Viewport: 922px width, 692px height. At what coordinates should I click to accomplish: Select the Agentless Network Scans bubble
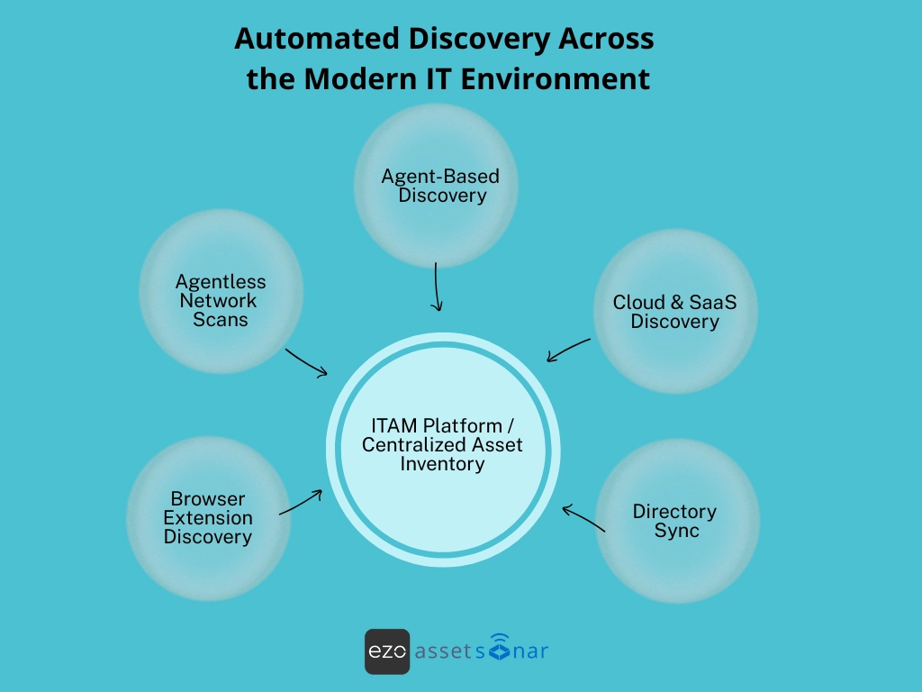(221, 291)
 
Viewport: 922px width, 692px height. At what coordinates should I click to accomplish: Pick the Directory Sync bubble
(677, 520)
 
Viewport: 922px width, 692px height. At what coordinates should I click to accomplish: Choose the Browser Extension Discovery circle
(208, 518)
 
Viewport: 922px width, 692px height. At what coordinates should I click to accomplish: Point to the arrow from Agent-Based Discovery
(437, 287)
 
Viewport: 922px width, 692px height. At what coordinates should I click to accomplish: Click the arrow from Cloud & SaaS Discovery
(568, 350)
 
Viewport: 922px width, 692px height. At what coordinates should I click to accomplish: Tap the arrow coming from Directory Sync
(583, 519)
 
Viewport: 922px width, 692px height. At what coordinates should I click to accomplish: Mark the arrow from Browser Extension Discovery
(301, 503)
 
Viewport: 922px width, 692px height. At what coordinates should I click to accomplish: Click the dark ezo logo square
(387, 651)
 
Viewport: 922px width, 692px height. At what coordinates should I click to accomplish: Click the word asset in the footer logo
(443, 651)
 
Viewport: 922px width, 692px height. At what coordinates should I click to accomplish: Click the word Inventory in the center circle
(442, 465)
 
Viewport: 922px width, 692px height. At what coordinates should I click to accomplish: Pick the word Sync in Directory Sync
(676, 531)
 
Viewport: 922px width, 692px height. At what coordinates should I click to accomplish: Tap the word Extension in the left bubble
(208, 518)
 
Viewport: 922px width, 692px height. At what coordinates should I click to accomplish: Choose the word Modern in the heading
(361, 78)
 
